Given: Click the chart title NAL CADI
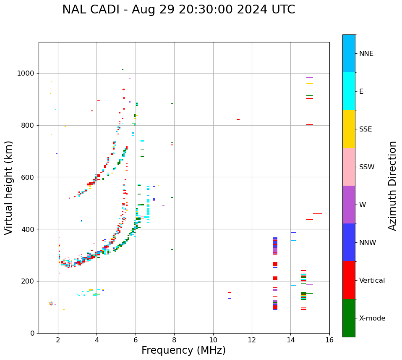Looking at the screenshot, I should coord(178,10).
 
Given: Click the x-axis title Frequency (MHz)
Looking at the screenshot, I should coord(183,350).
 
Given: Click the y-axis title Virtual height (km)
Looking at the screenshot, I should coord(9,187).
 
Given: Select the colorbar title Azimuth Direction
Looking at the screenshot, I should coord(392,186).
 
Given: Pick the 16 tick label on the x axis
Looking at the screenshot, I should coord(329,340).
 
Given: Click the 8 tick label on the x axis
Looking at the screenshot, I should coord(174,340).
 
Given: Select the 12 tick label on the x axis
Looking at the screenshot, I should coord(251,340).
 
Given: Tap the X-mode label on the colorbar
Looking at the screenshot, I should coord(372,318).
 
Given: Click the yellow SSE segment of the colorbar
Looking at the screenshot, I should coord(349,129).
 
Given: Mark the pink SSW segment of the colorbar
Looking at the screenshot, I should coord(349,167).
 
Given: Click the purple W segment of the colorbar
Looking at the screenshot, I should coord(349,205).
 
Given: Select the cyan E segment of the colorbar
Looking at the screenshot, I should coord(349,91).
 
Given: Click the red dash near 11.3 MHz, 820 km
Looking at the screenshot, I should coord(238,119).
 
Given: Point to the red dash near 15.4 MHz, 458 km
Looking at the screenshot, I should coord(317,214).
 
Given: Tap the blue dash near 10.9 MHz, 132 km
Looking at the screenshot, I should coord(230,299).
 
